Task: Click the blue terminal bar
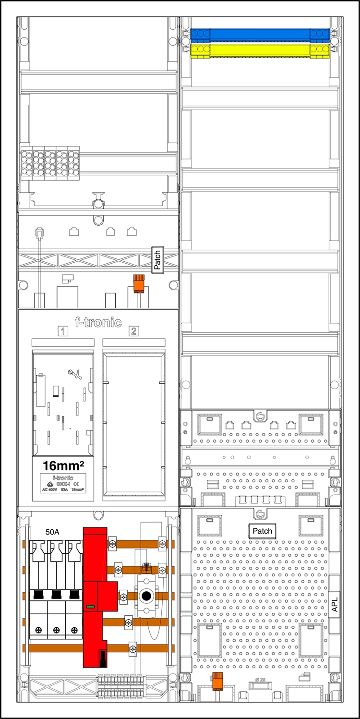click(260, 35)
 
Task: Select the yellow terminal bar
click(260, 50)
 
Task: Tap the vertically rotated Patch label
click(157, 260)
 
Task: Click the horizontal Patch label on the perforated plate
click(262, 531)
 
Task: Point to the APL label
click(335, 604)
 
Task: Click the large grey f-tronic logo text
click(98, 322)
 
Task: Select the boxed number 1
click(62, 331)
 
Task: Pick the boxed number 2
click(133, 331)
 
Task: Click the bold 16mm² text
click(63, 465)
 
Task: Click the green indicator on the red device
click(90, 607)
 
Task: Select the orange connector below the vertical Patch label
click(139, 283)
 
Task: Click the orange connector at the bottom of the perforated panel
click(218, 681)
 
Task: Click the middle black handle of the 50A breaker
click(56, 595)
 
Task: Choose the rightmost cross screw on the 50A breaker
click(74, 630)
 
